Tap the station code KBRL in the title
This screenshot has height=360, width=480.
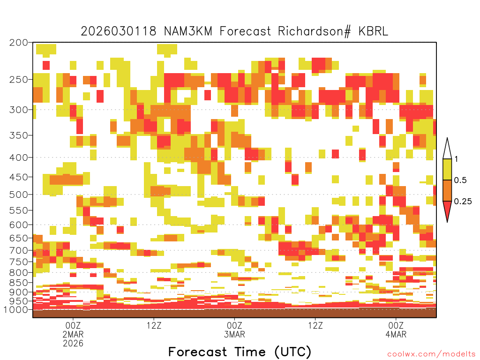[373, 31]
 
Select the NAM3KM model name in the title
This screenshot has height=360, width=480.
[188, 31]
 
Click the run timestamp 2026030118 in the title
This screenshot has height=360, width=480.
[119, 31]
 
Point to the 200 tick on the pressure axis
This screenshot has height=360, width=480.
[18, 43]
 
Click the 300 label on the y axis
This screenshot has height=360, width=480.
[18, 110]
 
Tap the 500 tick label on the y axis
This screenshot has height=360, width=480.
[18, 195]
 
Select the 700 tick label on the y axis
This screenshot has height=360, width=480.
[18, 250]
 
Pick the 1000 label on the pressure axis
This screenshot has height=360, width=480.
[15, 309]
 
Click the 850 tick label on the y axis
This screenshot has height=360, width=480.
[18, 283]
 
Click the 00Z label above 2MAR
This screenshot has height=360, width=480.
[73, 325]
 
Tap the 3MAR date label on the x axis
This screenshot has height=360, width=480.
[234, 334]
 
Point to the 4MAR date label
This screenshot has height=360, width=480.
[396, 334]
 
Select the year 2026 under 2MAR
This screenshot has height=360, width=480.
[73, 344]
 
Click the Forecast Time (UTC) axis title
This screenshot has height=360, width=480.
[240, 352]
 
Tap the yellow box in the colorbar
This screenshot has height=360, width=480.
[447, 169]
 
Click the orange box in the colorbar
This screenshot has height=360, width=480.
[447, 190]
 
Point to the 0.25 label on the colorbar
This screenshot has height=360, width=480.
[463, 202]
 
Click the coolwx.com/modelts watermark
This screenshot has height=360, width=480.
[432, 354]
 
